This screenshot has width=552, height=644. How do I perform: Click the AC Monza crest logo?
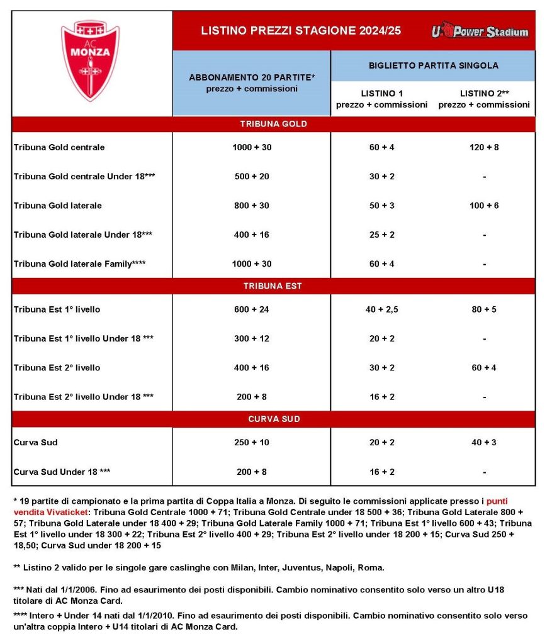(x=89, y=60)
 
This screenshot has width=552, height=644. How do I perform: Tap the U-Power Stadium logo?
(x=480, y=31)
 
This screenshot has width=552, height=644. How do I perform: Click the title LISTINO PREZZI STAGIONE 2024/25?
(x=300, y=31)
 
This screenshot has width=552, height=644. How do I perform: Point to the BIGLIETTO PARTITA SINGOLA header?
(x=432, y=65)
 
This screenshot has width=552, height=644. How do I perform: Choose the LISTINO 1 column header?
(x=382, y=99)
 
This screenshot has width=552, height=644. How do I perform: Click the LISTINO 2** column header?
(x=484, y=99)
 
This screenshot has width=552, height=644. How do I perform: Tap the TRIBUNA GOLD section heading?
(x=273, y=124)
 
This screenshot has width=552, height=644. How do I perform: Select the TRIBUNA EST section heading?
(x=273, y=286)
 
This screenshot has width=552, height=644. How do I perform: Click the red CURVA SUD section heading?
(x=273, y=419)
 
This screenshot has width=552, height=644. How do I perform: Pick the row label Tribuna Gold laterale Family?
(x=80, y=264)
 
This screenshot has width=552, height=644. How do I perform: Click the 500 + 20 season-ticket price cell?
(x=251, y=177)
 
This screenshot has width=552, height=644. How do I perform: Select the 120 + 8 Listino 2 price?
(x=484, y=147)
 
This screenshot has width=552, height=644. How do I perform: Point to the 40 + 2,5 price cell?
(x=382, y=309)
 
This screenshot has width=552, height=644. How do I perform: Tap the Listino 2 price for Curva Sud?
(x=484, y=443)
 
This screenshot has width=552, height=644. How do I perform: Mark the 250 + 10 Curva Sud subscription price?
(x=251, y=443)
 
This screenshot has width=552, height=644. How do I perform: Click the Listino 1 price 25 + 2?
(x=382, y=235)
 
